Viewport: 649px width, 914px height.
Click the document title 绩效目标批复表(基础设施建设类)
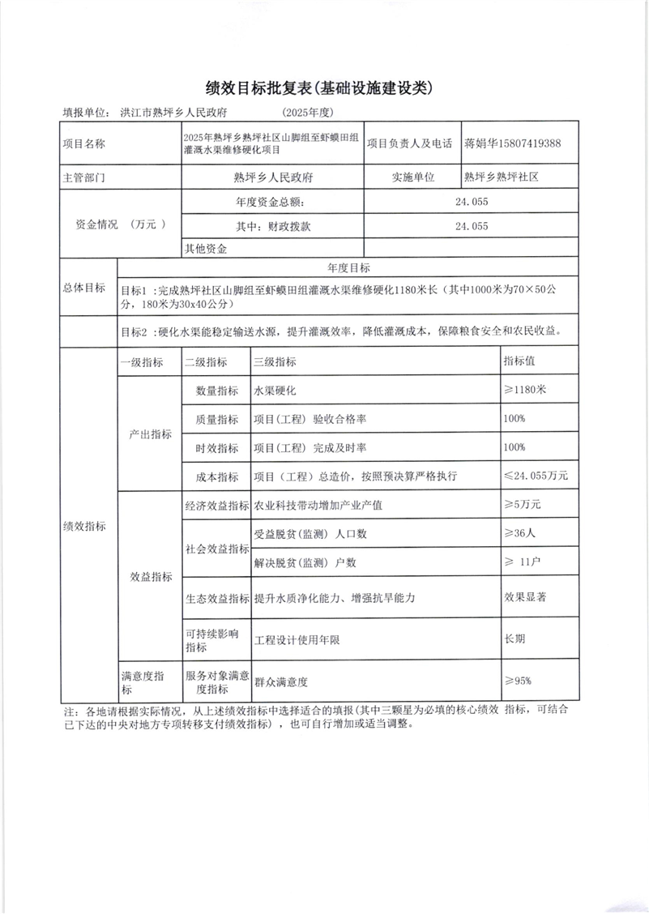tap(324, 87)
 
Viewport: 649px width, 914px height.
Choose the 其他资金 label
tap(207, 248)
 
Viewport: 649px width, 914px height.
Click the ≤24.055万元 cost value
tap(536, 475)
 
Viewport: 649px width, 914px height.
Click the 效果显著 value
tap(525, 598)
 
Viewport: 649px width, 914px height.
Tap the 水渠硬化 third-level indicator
tap(275, 391)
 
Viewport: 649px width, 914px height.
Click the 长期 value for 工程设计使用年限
tap(515, 639)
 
